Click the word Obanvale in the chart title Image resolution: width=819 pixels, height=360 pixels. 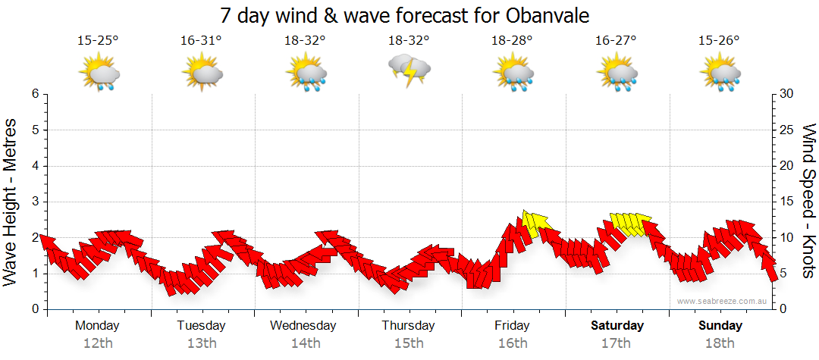(544, 15)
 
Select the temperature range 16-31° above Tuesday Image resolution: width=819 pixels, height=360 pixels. (201, 41)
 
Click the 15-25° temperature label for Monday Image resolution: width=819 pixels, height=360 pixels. (98, 41)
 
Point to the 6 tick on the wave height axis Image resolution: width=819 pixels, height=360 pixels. (35, 94)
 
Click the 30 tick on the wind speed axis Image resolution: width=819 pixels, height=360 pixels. (787, 94)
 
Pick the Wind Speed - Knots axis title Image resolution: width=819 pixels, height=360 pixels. (808, 202)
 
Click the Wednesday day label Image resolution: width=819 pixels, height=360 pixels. (303, 326)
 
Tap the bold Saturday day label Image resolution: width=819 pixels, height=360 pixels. (617, 326)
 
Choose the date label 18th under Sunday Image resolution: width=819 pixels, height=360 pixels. (720, 343)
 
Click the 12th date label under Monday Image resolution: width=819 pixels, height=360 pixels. (97, 343)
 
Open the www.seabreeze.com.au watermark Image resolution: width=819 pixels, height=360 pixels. (723, 301)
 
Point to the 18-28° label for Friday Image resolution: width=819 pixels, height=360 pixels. (513, 41)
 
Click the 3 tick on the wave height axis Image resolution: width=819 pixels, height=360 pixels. (35, 202)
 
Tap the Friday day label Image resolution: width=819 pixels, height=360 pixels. (513, 326)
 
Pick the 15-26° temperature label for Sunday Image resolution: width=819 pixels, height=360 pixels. (720, 41)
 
